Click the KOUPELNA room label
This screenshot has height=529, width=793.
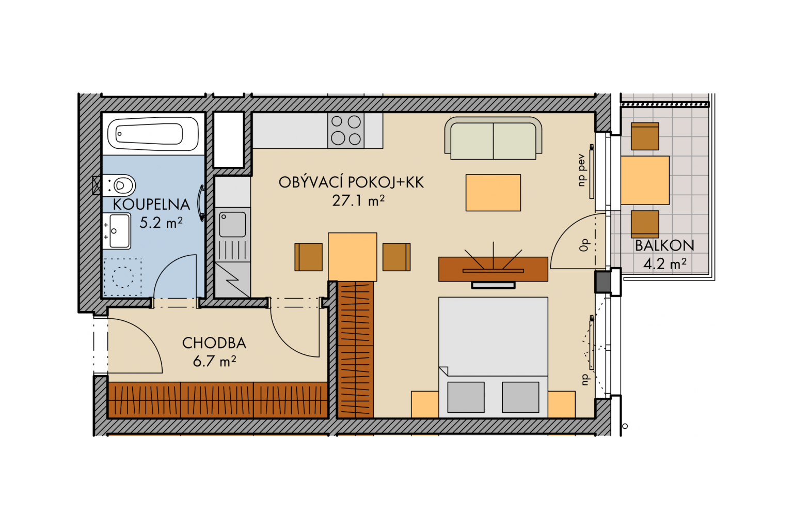coord(151,205)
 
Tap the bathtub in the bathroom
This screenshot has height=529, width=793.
coord(153,134)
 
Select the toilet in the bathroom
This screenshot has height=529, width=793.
coord(119,185)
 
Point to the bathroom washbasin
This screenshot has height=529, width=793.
coord(117,230)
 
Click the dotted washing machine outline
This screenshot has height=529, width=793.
coord(122,277)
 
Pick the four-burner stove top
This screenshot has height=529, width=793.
coord(346,130)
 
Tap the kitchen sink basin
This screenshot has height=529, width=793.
coord(232,224)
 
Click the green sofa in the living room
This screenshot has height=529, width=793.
coord(493,138)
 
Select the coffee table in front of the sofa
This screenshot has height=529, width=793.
coord(493,193)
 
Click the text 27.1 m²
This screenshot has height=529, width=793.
coord(358,200)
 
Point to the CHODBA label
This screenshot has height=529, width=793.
coord(214,343)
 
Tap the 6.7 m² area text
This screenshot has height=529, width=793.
coord(215,362)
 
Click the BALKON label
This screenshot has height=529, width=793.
coord(664,245)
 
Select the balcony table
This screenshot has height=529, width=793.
coord(645,180)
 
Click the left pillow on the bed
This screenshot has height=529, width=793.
coord(466,397)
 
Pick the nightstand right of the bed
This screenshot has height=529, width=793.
coord(562,404)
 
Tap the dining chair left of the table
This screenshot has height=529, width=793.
coord(308,257)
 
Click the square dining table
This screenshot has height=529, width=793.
coord(352,257)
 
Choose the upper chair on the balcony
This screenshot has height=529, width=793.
coord(645,136)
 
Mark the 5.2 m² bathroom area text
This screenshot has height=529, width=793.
coord(161,223)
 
